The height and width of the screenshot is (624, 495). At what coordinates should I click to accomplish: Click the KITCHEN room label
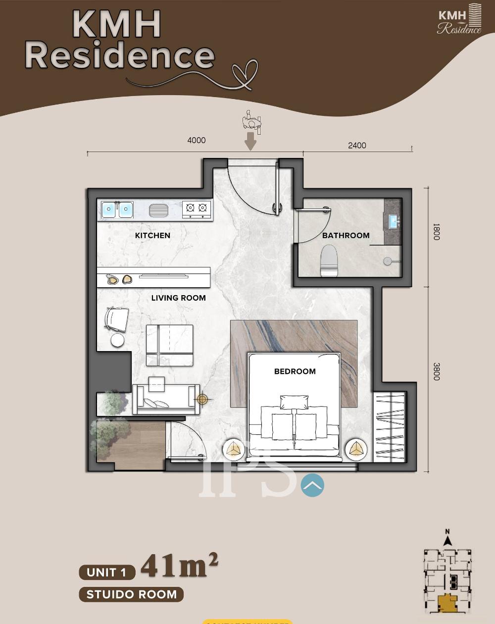[152, 236]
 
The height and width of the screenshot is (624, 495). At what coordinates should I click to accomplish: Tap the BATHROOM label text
[346, 235]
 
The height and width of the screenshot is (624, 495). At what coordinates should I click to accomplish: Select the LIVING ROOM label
[178, 298]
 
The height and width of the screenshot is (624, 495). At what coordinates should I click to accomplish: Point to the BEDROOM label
[295, 371]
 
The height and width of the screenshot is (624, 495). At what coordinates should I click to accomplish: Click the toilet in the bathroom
[329, 260]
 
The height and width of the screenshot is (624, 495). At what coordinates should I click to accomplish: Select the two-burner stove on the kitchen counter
[197, 209]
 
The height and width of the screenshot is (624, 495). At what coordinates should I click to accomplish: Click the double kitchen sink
[117, 209]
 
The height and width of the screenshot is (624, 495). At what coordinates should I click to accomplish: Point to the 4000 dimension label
[196, 140]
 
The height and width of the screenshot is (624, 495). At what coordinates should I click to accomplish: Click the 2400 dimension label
[357, 145]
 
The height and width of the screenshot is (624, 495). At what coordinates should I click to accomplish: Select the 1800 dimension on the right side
[436, 232]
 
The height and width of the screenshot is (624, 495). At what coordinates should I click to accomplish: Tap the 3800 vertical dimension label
[436, 372]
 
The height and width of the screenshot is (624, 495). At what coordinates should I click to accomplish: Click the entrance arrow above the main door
[250, 141]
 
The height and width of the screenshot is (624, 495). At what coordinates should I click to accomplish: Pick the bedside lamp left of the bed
[234, 449]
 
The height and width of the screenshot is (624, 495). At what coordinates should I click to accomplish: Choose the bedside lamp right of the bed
[356, 449]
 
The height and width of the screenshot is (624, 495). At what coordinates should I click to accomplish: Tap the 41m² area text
[179, 566]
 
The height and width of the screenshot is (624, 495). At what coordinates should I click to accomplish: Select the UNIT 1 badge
[107, 572]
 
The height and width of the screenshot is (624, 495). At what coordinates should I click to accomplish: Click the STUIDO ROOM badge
[131, 594]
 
